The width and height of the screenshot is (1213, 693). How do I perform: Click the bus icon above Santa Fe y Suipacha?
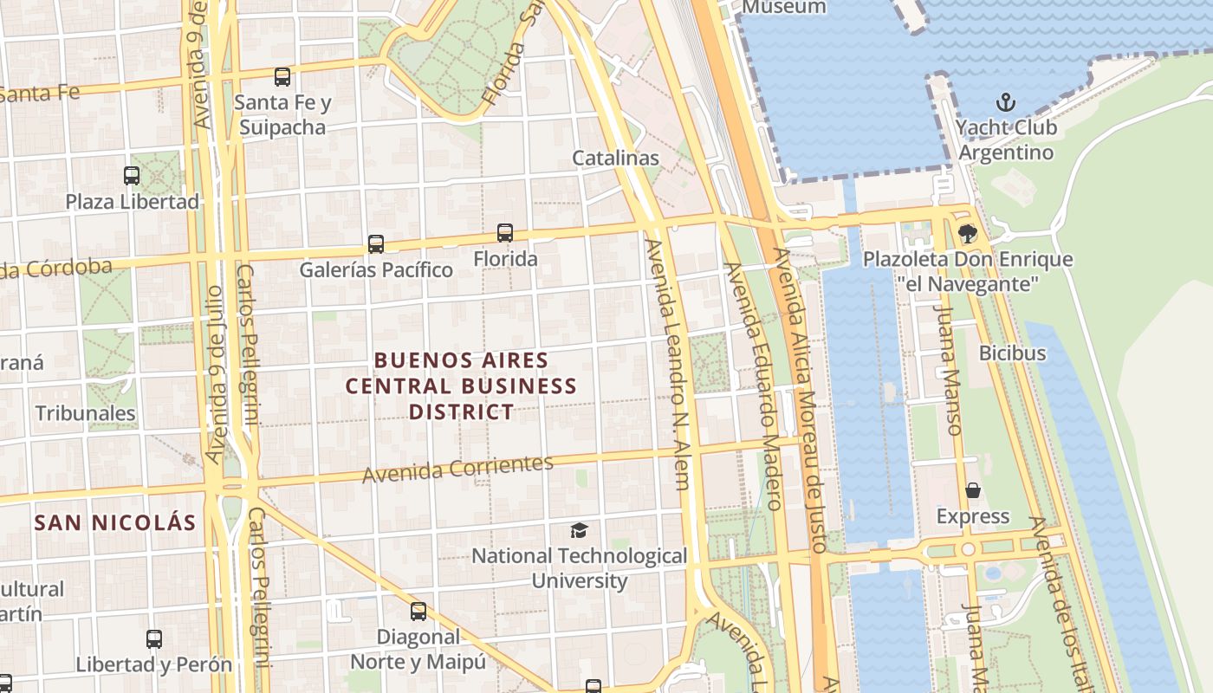282,77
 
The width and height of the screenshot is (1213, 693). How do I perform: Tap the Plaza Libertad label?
133,202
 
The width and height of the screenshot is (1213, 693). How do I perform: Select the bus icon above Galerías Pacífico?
375,244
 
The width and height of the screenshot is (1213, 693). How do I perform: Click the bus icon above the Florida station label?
505,233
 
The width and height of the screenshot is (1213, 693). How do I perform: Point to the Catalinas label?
615,159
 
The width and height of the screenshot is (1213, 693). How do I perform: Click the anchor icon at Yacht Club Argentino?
1005,103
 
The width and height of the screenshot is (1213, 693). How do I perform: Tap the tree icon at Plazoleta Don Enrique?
967,233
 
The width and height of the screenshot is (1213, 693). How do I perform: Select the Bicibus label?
1012,353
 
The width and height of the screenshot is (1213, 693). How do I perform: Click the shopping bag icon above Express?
973,491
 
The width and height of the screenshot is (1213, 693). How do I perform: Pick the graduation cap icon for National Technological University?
579,530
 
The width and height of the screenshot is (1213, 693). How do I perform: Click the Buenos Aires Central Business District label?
461,385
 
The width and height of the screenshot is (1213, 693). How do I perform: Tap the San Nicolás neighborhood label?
115,522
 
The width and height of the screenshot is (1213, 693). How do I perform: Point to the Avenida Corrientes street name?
457,469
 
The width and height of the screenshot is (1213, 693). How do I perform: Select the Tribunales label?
85,413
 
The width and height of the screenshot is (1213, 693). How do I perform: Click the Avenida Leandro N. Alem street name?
669,364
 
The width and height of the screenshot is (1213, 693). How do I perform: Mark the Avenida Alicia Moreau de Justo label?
800,398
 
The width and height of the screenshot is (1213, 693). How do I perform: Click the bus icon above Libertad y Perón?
154,639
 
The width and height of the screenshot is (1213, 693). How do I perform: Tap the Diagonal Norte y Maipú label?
418,649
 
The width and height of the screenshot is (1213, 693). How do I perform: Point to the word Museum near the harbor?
784,7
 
